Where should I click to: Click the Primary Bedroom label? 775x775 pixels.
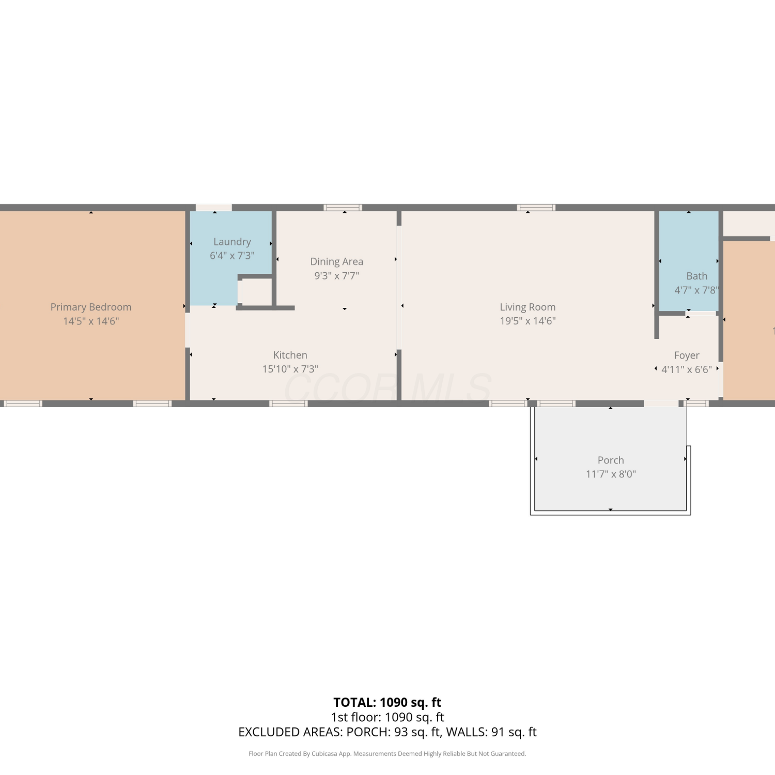[91, 307]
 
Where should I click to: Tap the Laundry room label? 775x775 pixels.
[232, 242]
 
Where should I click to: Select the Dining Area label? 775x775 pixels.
[336, 261]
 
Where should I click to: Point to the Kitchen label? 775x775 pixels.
[290, 355]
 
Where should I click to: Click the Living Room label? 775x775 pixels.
[528, 307]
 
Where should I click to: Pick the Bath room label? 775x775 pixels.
[696, 276]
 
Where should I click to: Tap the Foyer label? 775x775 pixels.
[687, 355]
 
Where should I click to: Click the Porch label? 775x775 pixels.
[611, 460]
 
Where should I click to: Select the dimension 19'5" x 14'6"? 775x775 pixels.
[528, 321]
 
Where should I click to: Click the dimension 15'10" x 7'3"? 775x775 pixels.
[290, 369]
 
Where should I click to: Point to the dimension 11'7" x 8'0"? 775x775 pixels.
[611, 474]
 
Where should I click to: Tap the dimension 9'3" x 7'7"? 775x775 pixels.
[336, 275]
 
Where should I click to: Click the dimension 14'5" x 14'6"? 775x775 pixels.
[91, 321]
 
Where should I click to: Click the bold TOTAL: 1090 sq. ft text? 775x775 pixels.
[388, 702]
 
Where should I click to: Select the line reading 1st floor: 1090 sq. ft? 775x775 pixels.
[388, 717]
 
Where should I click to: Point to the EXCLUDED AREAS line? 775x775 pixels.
[388, 732]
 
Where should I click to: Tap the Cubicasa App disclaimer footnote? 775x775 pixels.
[388, 754]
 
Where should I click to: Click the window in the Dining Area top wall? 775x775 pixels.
[343, 208]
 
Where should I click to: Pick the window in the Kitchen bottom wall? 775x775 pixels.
[288, 404]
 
